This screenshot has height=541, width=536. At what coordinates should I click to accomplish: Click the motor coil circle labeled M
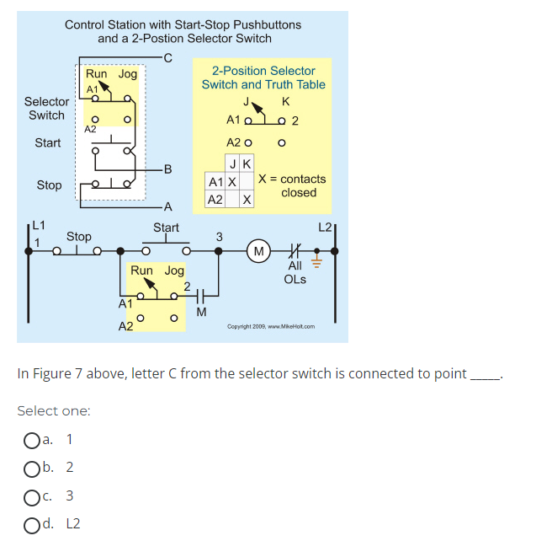pyautogui.click(x=258, y=251)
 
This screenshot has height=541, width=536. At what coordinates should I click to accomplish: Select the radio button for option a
pyautogui.click(x=32, y=441)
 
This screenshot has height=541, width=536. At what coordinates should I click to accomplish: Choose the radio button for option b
pyautogui.click(x=32, y=469)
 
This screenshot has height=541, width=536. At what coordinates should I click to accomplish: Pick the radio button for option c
pyautogui.click(x=32, y=497)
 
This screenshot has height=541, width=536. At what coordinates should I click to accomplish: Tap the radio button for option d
pyautogui.click(x=32, y=526)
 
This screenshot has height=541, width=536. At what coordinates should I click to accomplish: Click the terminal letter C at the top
pyautogui.click(x=167, y=58)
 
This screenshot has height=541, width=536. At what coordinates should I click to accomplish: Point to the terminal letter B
pyautogui.click(x=167, y=169)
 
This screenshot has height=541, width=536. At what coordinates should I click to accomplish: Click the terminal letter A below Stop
pyautogui.click(x=167, y=206)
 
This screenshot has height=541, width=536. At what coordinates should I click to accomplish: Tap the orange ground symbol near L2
pyautogui.click(x=316, y=261)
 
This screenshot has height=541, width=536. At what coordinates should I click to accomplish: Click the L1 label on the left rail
pyautogui.click(x=39, y=225)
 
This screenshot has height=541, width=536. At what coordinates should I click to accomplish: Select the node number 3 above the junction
pyautogui.click(x=219, y=237)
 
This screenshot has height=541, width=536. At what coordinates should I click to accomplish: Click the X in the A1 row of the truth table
pyautogui.click(x=232, y=181)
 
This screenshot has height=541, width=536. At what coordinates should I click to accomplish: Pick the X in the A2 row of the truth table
pyautogui.click(x=247, y=200)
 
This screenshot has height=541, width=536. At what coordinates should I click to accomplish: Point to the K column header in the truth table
pyautogui.click(x=247, y=163)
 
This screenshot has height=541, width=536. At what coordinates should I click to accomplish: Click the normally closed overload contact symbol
pyautogui.click(x=295, y=251)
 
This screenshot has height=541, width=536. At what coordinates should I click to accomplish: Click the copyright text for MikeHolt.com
pyautogui.click(x=271, y=326)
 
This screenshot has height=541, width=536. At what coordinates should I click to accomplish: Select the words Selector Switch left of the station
pyautogui.click(x=46, y=109)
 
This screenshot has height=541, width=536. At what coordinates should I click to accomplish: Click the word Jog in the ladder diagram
pyautogui.click(x=174, y=270)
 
